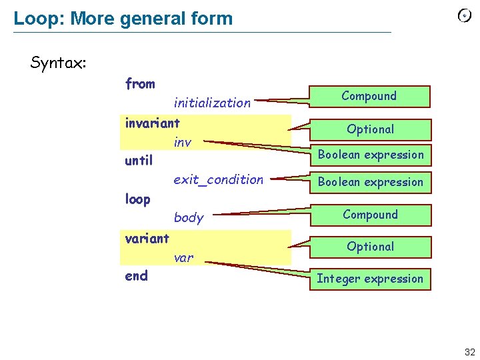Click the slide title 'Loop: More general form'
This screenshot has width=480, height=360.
coord(123,18)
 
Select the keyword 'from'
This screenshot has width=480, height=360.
coord(140,84)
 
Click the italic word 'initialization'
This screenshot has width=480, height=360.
coord(212,103)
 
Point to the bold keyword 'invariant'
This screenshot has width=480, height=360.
coord(152,123)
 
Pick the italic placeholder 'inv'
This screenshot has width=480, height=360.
coord(183,142)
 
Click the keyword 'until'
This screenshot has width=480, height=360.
coord(139,161)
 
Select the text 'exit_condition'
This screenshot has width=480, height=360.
coord(218,179)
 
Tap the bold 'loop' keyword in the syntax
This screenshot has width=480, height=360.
coord(138,199)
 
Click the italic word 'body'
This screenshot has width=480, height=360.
coord(189,217)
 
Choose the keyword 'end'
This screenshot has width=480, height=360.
coord(137,275)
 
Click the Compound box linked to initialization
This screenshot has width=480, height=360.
coord(369,96)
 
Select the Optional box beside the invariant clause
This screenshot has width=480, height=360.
coord(370,129)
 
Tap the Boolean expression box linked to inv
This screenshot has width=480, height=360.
coord(370,155)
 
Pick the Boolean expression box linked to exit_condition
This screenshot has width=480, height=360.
coord(370,182)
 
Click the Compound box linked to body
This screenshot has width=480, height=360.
coord(370,215)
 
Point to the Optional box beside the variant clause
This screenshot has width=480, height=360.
coord(370,247)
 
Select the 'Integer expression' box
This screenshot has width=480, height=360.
coord(370,279)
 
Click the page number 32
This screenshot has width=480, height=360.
coord(470,353)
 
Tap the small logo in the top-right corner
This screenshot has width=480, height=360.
coord(465,16)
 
